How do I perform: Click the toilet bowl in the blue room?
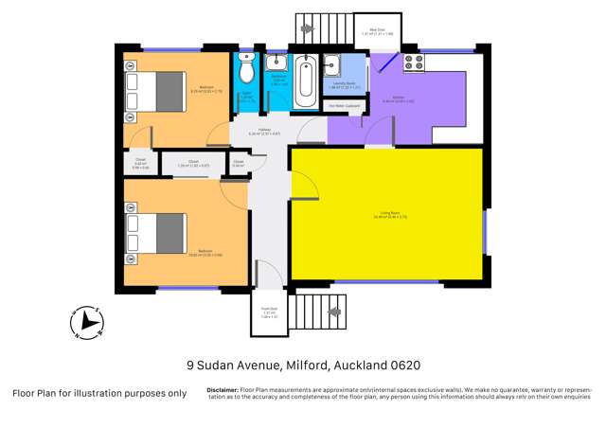[x=246, y=68]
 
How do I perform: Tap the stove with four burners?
[x=414, y=63]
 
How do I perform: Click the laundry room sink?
[x=335, y=64]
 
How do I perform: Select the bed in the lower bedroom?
[x=159, y=232]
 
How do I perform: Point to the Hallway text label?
[x=264, y=132]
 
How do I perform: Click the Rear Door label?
[x=377, y=30]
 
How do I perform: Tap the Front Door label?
[x=269, y=310]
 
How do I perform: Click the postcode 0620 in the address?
[x=401, y=365]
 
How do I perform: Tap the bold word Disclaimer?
[x=223, y=389]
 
